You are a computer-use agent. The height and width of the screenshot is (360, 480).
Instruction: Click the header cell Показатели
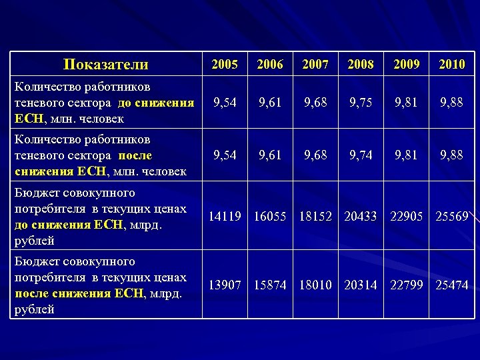[x=105, y=65]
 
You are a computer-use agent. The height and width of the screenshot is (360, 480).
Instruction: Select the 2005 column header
[x=225, y=65]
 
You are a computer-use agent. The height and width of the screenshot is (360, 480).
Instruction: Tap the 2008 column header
[x=361, y=65]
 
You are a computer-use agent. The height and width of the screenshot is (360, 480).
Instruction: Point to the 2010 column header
[x=452, y=65]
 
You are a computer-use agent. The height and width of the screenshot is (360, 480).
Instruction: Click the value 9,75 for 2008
[x=361, y=103]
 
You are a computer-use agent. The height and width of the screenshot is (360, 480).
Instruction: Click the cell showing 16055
[x=270, y=216]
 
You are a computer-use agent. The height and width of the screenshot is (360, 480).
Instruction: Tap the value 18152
[x=315, y=216]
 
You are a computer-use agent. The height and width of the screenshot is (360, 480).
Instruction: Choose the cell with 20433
[x=361, y=216]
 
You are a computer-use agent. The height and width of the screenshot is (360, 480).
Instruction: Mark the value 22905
[x=407, y=216]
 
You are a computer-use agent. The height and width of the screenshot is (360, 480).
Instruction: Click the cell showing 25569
[x=452, y=216]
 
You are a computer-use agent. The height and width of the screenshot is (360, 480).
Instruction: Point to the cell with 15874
[x=270, y=285]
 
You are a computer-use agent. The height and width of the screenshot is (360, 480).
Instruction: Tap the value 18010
[x=315, y=285]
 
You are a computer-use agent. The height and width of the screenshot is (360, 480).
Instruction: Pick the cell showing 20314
[x=361, y=285]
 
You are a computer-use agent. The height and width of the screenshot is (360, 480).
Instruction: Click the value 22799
[x=407, y=285]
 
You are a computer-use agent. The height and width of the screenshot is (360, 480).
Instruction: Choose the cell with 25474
[x=452, y=285]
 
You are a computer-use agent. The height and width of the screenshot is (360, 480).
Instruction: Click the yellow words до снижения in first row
[x=156, y=103]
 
